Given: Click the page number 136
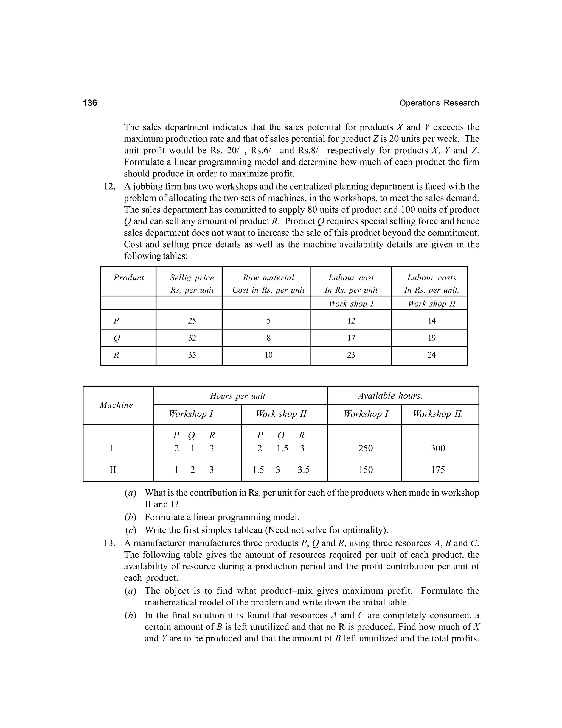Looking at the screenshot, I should [x=90, y=103].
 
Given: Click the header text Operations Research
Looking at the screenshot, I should [x=439, y=103].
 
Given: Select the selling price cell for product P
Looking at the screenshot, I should [x=192, y=321].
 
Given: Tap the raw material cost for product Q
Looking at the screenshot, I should [x=268, y=338].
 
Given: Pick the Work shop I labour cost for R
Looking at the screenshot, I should [x=351, y=355].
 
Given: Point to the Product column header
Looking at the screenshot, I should [x=128, y=278].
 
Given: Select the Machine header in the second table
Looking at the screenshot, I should [x=116, y=405].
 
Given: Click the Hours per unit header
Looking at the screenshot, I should [x=237, y=396].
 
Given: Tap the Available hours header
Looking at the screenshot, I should [x=390, y=396].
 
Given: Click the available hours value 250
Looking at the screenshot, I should [x=365, y=448].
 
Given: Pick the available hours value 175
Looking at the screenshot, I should [x=437, y=470].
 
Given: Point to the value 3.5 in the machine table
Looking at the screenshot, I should [x=304, y=470].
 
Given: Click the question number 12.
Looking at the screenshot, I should [x=109, y=187].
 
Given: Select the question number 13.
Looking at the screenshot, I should [x=109, y=543].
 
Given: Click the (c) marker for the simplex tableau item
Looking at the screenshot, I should [x=131, y=530].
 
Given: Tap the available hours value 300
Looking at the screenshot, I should [x=437, y=448].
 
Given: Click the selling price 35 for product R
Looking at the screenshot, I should [x=192, y=355].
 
